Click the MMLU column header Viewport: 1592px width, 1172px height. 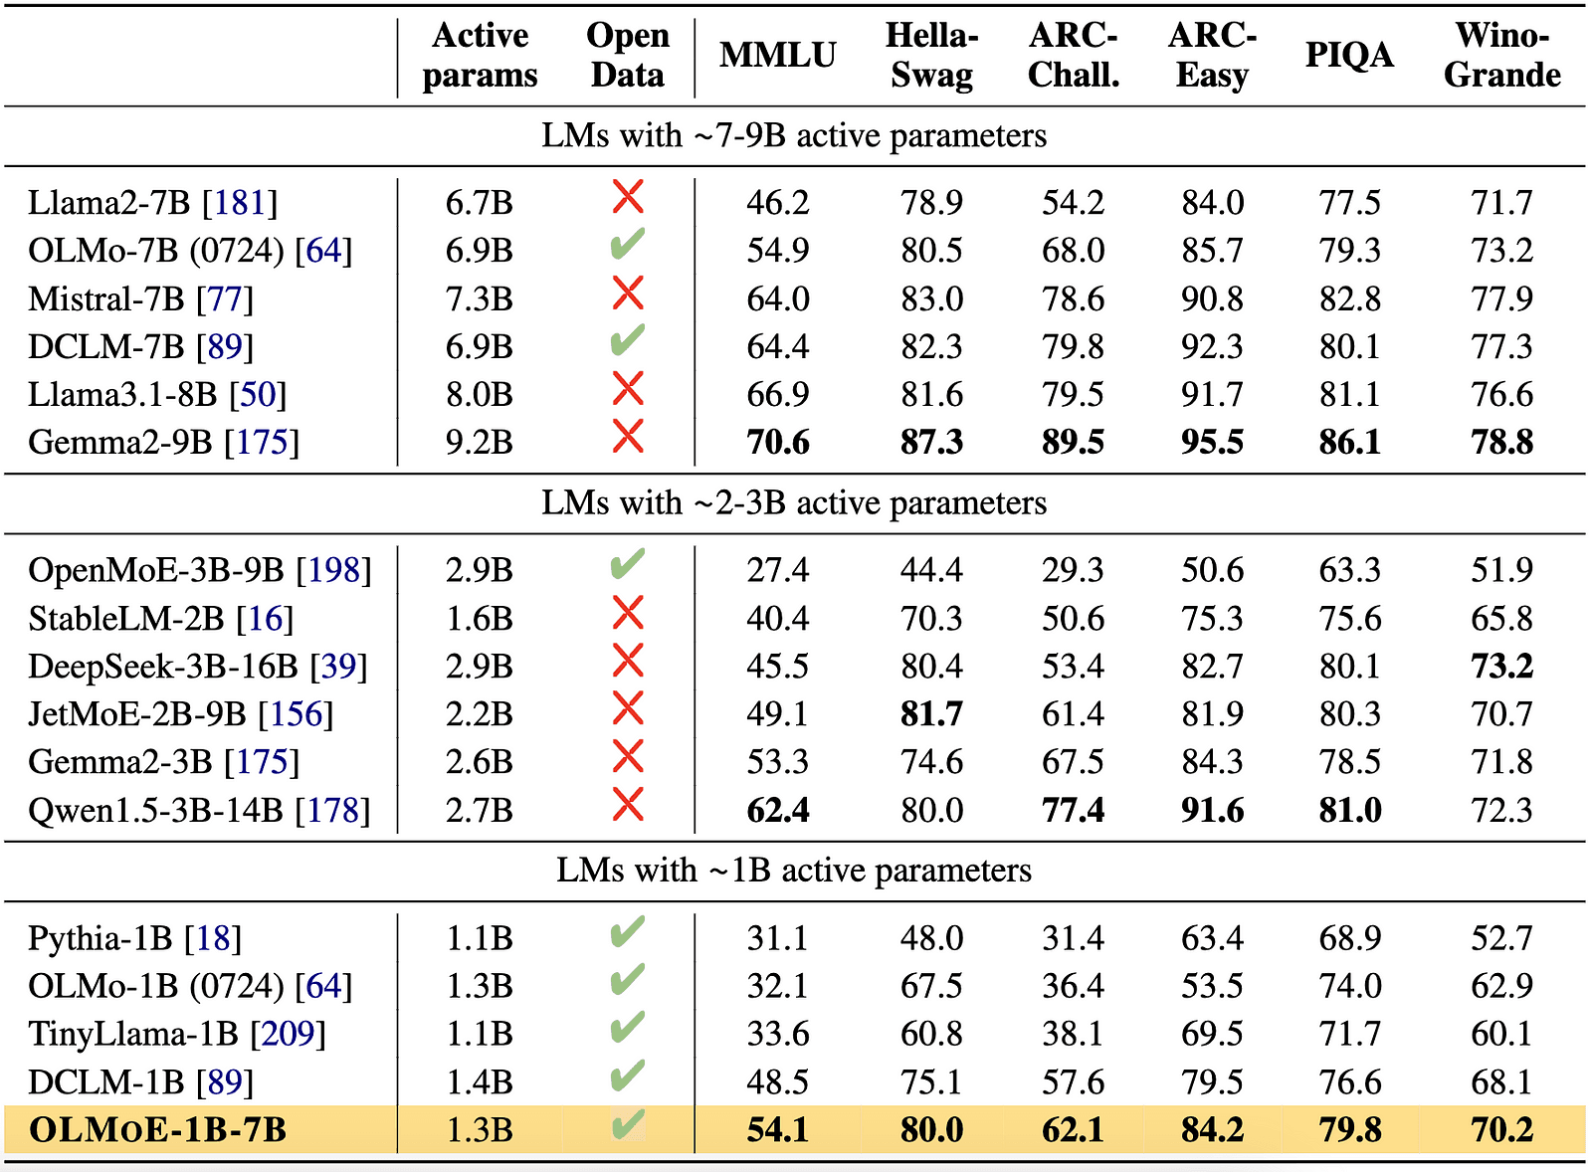777,55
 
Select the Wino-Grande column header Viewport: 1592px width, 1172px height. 1501,55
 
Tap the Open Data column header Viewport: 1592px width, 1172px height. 627,55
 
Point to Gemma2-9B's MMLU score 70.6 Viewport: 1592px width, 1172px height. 777,442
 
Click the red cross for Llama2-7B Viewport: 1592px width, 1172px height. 627,197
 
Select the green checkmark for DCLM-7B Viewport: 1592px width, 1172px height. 627,340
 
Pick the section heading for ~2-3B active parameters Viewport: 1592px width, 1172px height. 793,503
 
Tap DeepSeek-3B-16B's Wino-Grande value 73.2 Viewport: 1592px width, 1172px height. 1501,666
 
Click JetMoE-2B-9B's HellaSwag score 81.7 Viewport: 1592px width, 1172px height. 931,713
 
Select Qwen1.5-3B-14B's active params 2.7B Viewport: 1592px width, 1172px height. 479,810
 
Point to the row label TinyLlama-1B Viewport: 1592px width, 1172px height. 133,1034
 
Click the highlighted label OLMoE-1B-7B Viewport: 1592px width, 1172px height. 157,1130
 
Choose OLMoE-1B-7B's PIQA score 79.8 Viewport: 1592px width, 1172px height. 1349,1130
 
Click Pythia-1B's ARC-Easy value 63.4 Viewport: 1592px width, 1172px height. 1211,938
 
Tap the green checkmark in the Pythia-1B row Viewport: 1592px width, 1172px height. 627,932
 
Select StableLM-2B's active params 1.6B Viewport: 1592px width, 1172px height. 479,618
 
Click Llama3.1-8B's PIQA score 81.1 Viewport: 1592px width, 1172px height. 1349,394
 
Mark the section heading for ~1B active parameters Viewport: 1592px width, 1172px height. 793,871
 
